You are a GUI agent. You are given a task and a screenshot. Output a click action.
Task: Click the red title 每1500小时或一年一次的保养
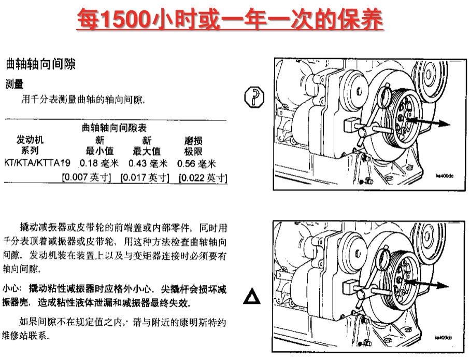pos(230,19)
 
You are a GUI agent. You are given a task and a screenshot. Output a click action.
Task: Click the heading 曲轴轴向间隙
pos(40,64)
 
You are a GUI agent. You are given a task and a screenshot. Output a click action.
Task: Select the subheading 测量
pos(15,84)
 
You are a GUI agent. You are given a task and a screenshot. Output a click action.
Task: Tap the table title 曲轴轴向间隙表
pos(114,128)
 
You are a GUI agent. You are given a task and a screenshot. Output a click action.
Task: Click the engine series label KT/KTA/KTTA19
pos(37,163)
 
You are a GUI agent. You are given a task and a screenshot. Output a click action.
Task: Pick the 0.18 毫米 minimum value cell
pos(99,163)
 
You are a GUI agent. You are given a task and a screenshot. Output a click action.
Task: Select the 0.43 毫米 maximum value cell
pos(148,163)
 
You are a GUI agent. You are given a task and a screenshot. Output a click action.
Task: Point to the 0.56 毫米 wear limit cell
pos(196,163)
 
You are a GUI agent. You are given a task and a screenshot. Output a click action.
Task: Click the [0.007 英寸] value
pos(87,177)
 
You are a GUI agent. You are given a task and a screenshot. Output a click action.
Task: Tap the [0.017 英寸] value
pos(145,177)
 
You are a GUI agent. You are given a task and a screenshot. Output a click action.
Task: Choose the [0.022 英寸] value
pos(203,177)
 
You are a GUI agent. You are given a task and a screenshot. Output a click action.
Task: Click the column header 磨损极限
pos(193,146)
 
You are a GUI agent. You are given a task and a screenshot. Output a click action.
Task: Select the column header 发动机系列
pos(30,145)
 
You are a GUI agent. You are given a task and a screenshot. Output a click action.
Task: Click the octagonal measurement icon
pos(254,97)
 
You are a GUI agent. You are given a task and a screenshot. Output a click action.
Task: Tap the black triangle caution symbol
pos(252,296)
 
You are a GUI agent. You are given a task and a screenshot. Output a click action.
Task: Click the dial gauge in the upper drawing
pos(384,95)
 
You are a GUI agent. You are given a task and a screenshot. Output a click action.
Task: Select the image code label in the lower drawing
pos(443,338)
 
